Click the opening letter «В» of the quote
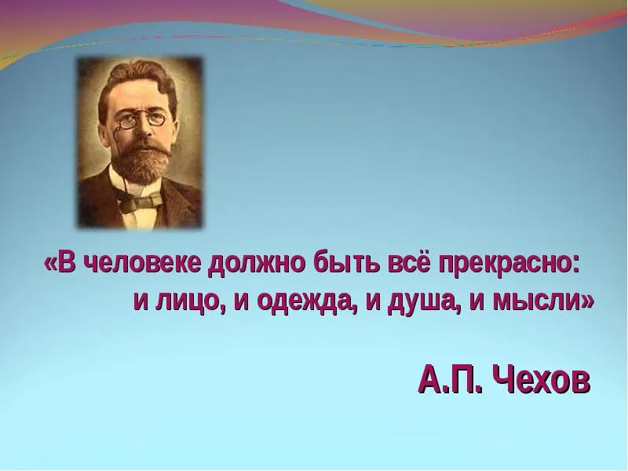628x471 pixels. click(67, 264)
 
